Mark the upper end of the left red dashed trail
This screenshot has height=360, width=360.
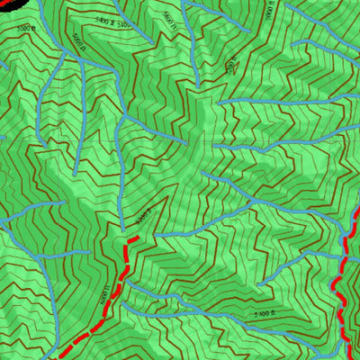point(136,238)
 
